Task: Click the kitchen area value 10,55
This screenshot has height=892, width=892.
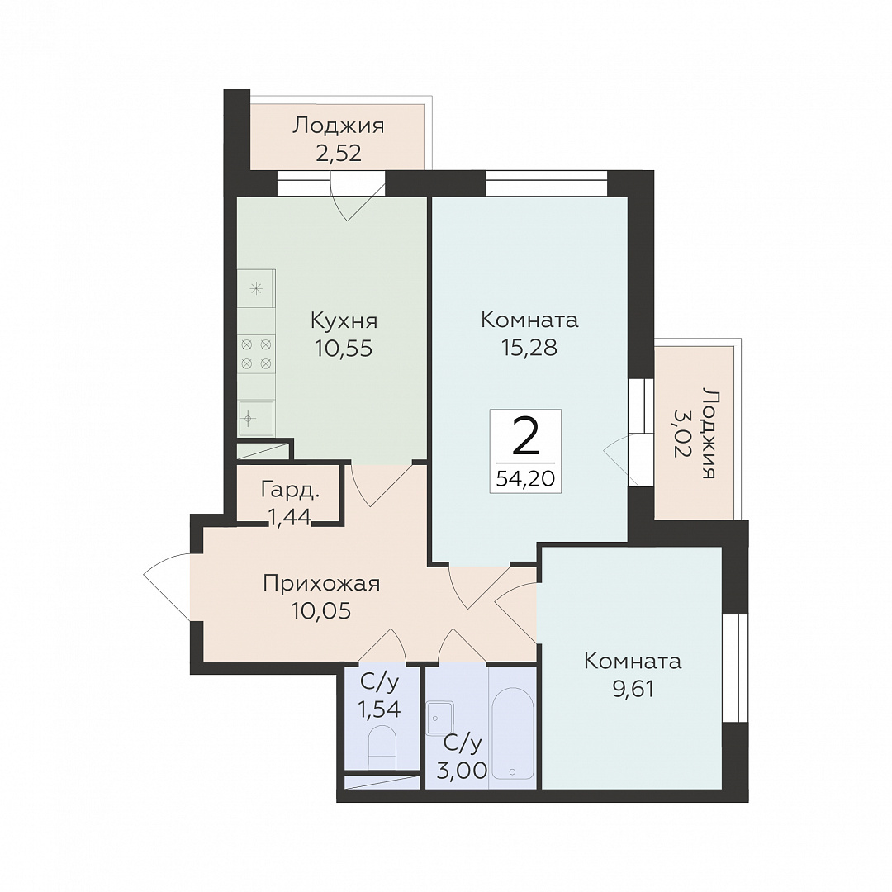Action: pyautogui.click(x=344, y=348)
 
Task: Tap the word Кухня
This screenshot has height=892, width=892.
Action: pyautogui.click(x=344, y=320)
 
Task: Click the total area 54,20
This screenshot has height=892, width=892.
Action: pyautogui.click(x=525, y=479)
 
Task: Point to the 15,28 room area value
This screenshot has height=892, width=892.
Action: pyautogui.click(x=529, y=347)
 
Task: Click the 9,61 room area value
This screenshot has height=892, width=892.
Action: pyautogui.click(x=633, y=689)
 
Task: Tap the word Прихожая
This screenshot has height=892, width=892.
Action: pyautogui.click(x=321, y=583)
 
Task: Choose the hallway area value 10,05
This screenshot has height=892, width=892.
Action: pyautogui.click(x=320, y=610)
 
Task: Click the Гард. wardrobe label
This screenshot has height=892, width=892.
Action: pyautogui.click(x=290, y=490)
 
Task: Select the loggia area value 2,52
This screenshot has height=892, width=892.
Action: pyautogui.click(x=339, y=153)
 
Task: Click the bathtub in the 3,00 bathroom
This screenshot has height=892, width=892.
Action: pyautogui.click(x=512, y=734)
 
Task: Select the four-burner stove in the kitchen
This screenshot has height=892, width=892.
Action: pyautogui.click(x=256, y=353)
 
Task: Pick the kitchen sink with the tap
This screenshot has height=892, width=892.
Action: pyautogui.click(x=255, y=418)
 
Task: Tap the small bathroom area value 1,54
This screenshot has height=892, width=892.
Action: pyautogui.click(x=379, y=709)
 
